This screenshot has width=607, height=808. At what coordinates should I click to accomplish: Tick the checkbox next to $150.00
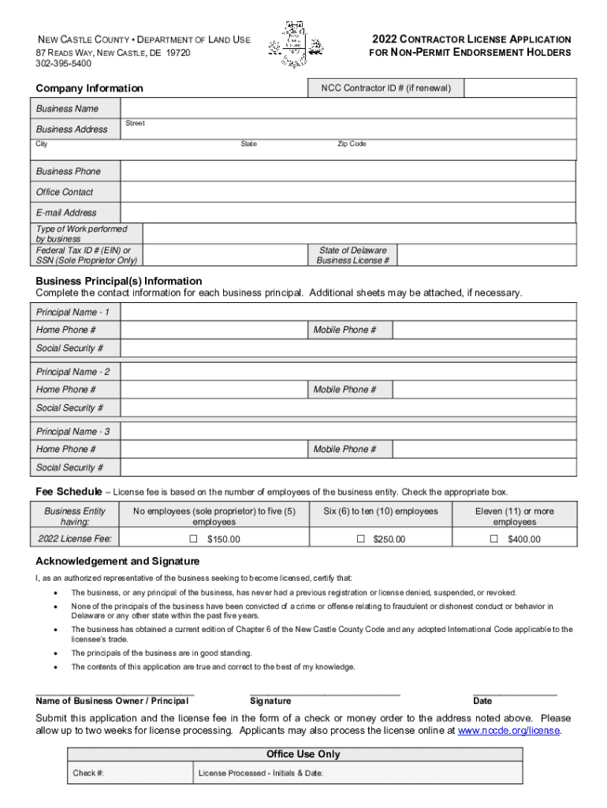[x=193, y=539]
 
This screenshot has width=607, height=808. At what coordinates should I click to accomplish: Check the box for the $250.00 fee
[x=361, y=539]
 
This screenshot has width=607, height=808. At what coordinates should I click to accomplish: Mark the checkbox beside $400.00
[x=494, y=539]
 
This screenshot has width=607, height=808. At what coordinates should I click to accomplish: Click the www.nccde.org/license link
[x=508, y=731]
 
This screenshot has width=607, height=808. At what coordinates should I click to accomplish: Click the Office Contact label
[x=65, y=192]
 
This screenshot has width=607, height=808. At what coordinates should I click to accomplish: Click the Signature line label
[x=270, y=701]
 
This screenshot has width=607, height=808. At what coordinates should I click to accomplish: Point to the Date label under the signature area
[x=482, y=701]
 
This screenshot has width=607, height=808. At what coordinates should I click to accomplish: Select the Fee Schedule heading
[x=69, y=491]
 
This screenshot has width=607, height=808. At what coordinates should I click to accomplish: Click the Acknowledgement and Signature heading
[x=117, y=561]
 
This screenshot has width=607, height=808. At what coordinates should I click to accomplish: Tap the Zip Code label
[x=352, y=144]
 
